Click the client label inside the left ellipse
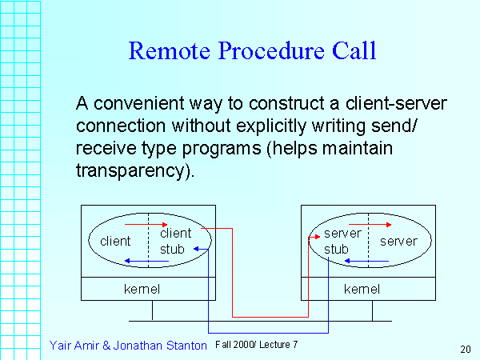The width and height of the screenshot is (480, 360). click(115, 241)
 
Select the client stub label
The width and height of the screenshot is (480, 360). click(175, 241)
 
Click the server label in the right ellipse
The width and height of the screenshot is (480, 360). click(398, 241)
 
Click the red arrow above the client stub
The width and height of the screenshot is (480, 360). click(147, 225)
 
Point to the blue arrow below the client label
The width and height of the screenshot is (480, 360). click(147, 261)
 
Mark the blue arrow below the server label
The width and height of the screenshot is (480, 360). click(366, 261)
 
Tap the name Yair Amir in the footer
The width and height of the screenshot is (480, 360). click(78, 345)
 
